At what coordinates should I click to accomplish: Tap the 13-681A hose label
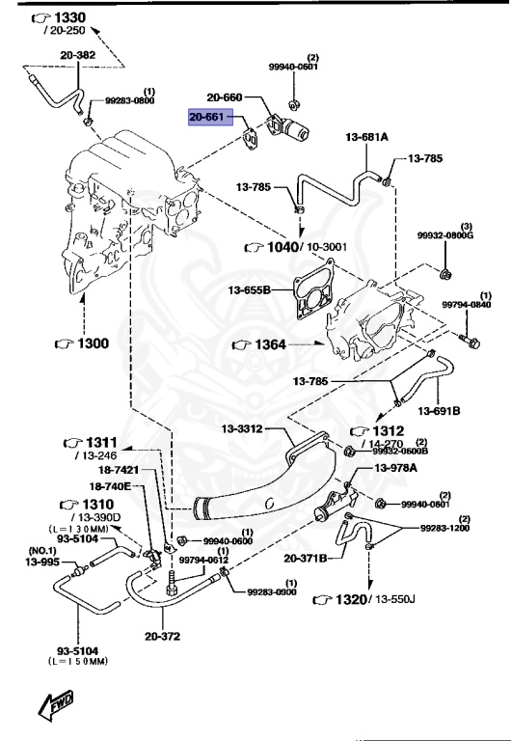(366, 138)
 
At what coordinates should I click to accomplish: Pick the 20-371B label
(306, 558)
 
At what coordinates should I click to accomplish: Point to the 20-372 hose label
(163, 636)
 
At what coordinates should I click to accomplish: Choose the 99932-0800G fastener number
(446, 233)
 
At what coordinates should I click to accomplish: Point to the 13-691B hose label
(444, 410)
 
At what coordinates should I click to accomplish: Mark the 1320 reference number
(351, 599)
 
